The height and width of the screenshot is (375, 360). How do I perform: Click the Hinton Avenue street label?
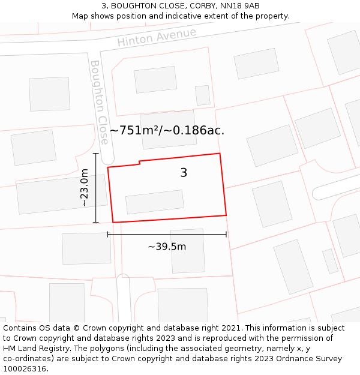[x=157, y=37]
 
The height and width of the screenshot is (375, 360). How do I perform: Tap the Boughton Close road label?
[x=100, y=102]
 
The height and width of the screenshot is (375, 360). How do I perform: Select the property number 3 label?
[x=184, y=173]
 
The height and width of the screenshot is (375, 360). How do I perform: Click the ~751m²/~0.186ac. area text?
[x=167, y=130]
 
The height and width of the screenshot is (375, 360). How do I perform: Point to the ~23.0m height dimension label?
[x=85, y=188]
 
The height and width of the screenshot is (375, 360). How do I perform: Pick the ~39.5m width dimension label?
[x=167, y=247]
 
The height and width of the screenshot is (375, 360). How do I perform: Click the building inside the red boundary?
[x=155, y=202]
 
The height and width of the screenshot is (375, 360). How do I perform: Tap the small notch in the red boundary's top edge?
[x=140, y=162]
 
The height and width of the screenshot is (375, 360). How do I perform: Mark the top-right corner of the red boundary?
[x=220, y=154]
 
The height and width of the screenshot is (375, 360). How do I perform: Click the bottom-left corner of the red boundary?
[x=113, y=223]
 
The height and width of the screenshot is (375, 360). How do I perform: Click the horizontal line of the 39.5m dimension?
[x=167, y=234]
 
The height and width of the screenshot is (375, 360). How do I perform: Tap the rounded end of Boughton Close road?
[x=107, y=160]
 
